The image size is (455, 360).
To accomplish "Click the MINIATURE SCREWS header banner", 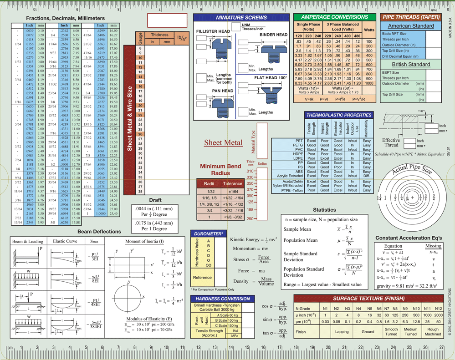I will pyautogui.click(x=241, y=17).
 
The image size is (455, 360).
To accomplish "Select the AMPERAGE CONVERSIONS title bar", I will pyautogui.click(x=334, y=17).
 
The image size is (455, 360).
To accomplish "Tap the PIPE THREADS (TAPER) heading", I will pyautogui.click(x=411, y=17).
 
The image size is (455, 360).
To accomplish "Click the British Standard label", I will pyautogui.click(x=411, y=64).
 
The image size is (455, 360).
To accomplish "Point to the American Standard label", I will pyautogui.click(x=411, y=26).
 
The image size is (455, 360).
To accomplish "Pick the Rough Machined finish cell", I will pyautogui.click(x=433, y=332).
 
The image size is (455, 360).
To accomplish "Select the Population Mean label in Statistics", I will pyautogui.click(x=300, y=240).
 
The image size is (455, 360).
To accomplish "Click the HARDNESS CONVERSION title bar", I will pyautogui.click(x=223, y=299).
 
